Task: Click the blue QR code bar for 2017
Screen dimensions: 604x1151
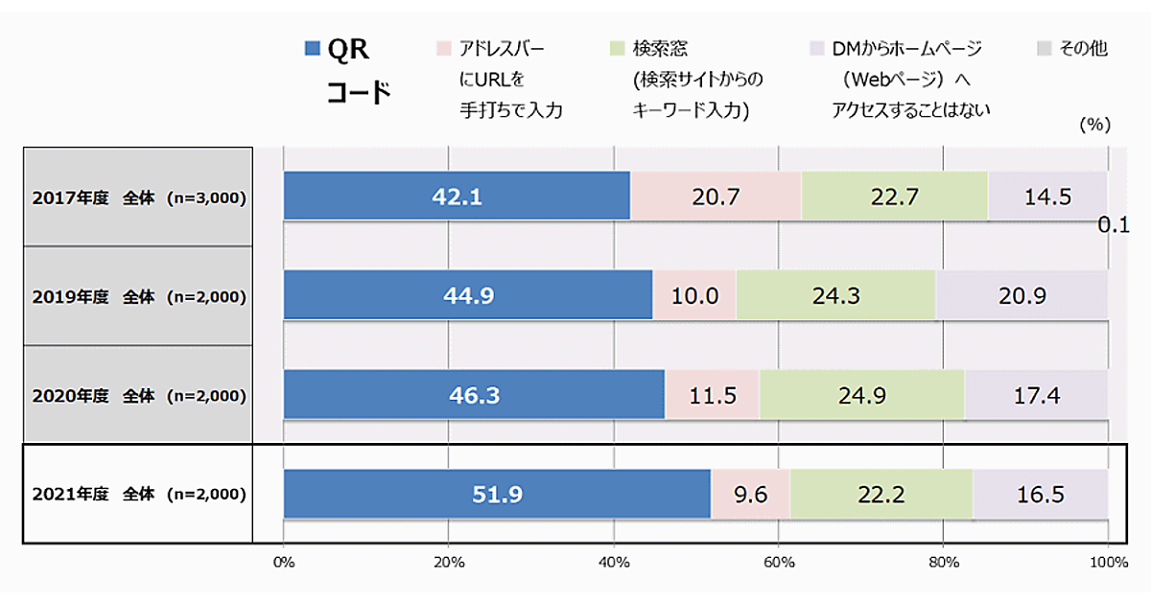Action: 457,197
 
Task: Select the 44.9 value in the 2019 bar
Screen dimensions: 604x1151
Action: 468,295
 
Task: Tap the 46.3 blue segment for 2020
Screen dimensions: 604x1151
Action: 474,394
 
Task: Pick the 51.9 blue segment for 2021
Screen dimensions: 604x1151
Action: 497,495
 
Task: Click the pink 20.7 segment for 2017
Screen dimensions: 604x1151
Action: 716,197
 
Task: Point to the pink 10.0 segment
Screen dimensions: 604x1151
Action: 694,295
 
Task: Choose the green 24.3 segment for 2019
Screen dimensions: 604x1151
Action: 835,295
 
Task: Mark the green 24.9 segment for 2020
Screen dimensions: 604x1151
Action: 861,394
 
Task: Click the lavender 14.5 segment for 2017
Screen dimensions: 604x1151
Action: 1047,197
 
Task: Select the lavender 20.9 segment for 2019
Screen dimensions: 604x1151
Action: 1022,295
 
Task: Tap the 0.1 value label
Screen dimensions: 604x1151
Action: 1115,226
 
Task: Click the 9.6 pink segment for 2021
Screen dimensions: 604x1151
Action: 750,495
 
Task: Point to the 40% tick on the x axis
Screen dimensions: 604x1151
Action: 613,563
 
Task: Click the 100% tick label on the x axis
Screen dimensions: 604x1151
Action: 1109,563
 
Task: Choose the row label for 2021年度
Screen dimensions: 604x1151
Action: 138,495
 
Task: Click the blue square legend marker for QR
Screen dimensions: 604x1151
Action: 312,49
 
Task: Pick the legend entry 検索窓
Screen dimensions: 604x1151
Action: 660,49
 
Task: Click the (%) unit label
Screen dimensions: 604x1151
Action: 1093,125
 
